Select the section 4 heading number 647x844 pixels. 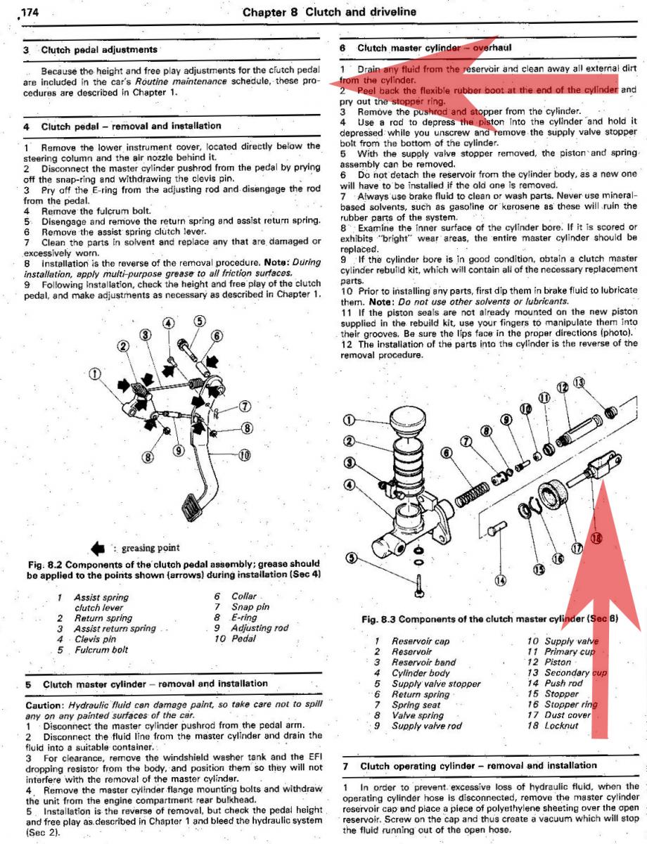click(x=27, y=127)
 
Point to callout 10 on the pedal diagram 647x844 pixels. click(x=244, y=455)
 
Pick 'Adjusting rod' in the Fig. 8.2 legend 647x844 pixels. click(x=260, y=628)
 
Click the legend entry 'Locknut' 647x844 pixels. click(x=561, y=725)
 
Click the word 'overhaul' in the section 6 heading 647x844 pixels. click(x=492, y=48)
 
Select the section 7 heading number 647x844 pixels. click(x=346, y=766)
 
